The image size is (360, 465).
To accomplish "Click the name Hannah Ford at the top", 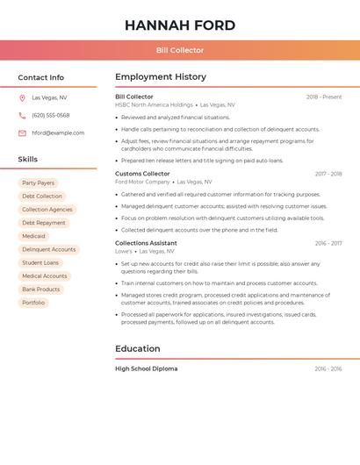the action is pyautogui.click(x=180, y=25).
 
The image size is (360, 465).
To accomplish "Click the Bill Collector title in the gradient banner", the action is pyautogui.click(x=180, y=51).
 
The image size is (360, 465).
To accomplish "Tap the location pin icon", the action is pyautogui.click(x=22, y=98).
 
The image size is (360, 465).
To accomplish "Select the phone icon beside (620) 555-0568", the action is pyautogui.click(x=22, y=116).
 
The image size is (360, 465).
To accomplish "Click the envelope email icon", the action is pyautogui.click(x=22, y=133).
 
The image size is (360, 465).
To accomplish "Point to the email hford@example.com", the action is pyautogui.click(x=58, y=133).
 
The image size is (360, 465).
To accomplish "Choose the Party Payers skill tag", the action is pyautogui.click(x=38, y=183).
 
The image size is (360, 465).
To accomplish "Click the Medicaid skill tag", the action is pyautogui.click(x=33, y=236).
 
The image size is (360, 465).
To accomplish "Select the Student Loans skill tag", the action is pyautogui.click(x=40, y=262).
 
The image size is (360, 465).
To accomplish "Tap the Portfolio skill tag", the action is pyautogui.click(x=33, y=303).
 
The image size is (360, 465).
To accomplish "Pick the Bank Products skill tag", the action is pyautogui.click(x=41, y=290).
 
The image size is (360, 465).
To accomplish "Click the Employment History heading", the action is pyautogui.click(x=161, y=77).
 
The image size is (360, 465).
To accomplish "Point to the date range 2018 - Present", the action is pyautogui.click(x=324, y=97).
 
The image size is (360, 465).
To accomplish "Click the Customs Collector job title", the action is pyautogui.click(x=142, y=174).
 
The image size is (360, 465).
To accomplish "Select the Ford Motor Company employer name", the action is pyautogui.click(x=142, y=182).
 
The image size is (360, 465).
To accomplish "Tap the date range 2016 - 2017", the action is pyautogui.click(x=328, y=243).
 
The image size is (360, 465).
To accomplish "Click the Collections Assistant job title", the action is pyautogui.click(x=146, y=243).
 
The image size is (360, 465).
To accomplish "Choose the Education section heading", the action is pyautogui.click(x=138, y=349).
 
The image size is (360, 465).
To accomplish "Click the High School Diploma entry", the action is pyautogui.click(x=146, y=369).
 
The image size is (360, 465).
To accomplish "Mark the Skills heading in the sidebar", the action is pyautogui.click(x=28, y=160).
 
